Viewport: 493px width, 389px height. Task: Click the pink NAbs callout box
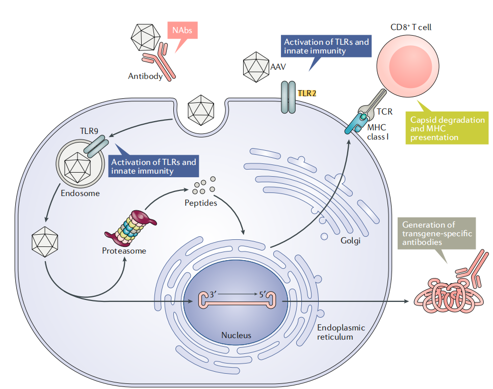click(182, 32)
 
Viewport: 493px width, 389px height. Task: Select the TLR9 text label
click(89, 131)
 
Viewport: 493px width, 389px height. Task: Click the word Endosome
click(80, 193)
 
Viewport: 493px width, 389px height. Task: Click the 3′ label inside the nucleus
click(207, 294)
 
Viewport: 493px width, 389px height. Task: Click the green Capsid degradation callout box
click(447, 128)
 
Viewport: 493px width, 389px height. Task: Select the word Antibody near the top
click(145, 76)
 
